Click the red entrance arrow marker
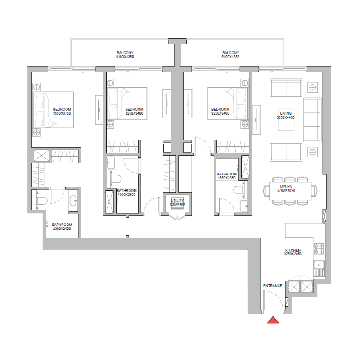pos(273,320)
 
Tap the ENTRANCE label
pos(273,286)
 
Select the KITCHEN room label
pos(293,250)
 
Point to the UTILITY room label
pos(177,200)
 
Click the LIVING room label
pos(286,113)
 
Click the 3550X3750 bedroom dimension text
pos(62,113)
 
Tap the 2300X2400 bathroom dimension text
pos(63,228)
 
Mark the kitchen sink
pos(319,269)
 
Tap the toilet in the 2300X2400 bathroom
pos(41,200)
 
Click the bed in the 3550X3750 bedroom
pos(53,109)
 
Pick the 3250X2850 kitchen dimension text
pos(293,254)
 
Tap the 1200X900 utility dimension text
pos(177,204)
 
